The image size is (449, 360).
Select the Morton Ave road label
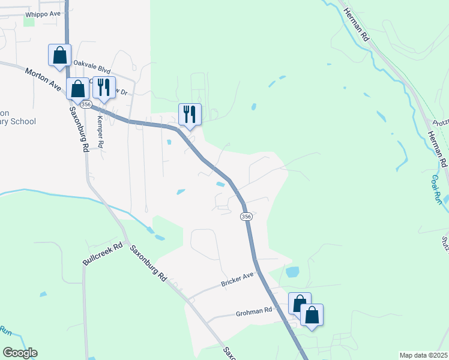coord(43,79)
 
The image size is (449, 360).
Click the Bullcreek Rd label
coord(103,254)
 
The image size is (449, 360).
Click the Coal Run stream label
coord(436,189)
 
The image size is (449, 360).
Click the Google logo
coord(20,353)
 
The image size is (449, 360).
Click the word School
coord(22,121)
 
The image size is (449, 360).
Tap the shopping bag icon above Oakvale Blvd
coord(59,55)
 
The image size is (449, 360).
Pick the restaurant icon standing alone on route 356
coord(190,114)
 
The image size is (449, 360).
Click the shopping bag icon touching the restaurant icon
coord(77,89)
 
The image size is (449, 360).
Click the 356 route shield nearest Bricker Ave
coord(246,216)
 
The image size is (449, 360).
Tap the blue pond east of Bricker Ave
coord(292,272)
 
